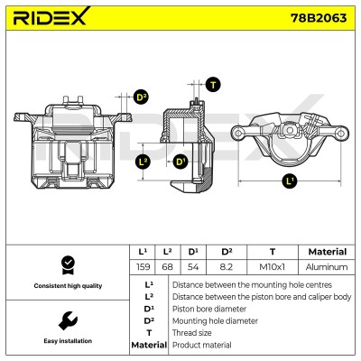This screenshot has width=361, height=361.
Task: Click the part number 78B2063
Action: point(319,18)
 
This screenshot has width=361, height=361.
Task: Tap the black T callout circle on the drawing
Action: point(213,85)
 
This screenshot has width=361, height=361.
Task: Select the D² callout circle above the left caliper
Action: point(141,97)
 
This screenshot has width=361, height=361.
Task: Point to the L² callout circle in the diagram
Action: point(143,162)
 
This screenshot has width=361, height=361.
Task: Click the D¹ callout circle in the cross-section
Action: point(180,162)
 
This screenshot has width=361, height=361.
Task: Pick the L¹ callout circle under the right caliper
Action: point(290,181)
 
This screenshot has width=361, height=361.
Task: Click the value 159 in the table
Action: point(143,267)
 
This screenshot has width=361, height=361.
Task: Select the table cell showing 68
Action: point(167,267)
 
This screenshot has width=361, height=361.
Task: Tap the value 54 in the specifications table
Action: point(193,267)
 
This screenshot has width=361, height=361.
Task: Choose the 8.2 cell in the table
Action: point(227,267)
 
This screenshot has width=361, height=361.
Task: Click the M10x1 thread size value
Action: point(272,267)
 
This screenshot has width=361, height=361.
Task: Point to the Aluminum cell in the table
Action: point(327,267)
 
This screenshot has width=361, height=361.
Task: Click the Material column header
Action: point(328,252)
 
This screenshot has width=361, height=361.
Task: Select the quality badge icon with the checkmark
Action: point(68,265)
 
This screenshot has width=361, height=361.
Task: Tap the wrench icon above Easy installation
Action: point(68,320)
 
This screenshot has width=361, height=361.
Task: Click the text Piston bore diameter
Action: point(209,309)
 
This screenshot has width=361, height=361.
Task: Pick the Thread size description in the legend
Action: point(191,333)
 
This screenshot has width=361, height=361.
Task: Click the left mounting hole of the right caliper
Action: point(238,133)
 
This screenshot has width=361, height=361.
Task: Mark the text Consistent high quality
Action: point(68,286)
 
